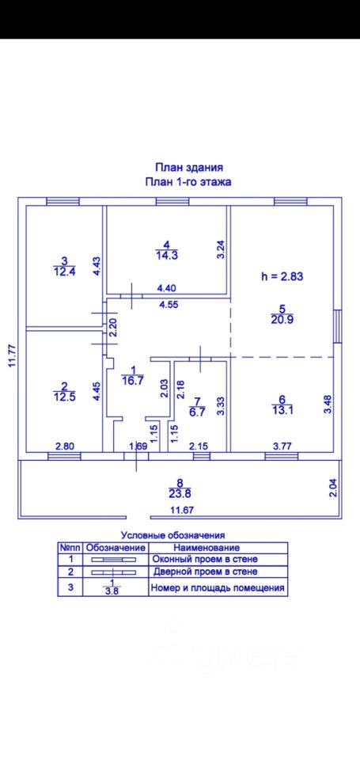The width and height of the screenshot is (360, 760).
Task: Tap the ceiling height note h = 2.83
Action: click(x=282, y=277)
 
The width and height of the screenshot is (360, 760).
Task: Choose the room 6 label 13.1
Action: click(x=282, y=412)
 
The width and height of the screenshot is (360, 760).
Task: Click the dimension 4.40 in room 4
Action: click(x=166, y=288)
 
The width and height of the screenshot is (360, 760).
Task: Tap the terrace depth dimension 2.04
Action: click(x=332, y=487)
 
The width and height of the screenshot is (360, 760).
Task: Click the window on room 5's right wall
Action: click(x=338, y=328)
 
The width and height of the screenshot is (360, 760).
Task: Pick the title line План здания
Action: click(x=188, y=168)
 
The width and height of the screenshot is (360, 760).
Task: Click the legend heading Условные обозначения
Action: click(x=173, y=536)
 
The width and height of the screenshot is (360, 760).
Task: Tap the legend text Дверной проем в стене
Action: click(x=212, y=572)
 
